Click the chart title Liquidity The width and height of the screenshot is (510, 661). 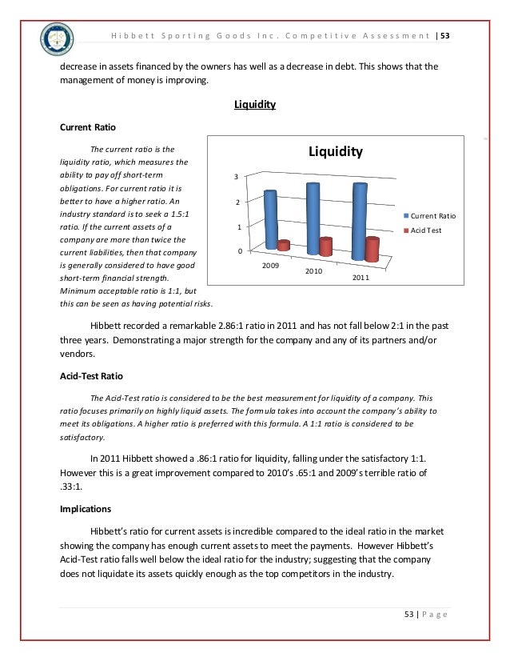(335, 151)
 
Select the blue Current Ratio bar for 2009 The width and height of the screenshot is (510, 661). (270, 218)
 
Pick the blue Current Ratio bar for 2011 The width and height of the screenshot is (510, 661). (360, 221)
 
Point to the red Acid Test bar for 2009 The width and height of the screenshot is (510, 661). (283, 244)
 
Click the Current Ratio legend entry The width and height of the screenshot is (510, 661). (432, 215)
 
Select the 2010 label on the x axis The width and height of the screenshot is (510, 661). (313, 271)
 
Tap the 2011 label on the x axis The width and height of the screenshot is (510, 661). (361, 278)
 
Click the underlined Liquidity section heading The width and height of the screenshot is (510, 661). (254, 105)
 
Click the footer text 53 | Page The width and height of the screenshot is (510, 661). (424, 614)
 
